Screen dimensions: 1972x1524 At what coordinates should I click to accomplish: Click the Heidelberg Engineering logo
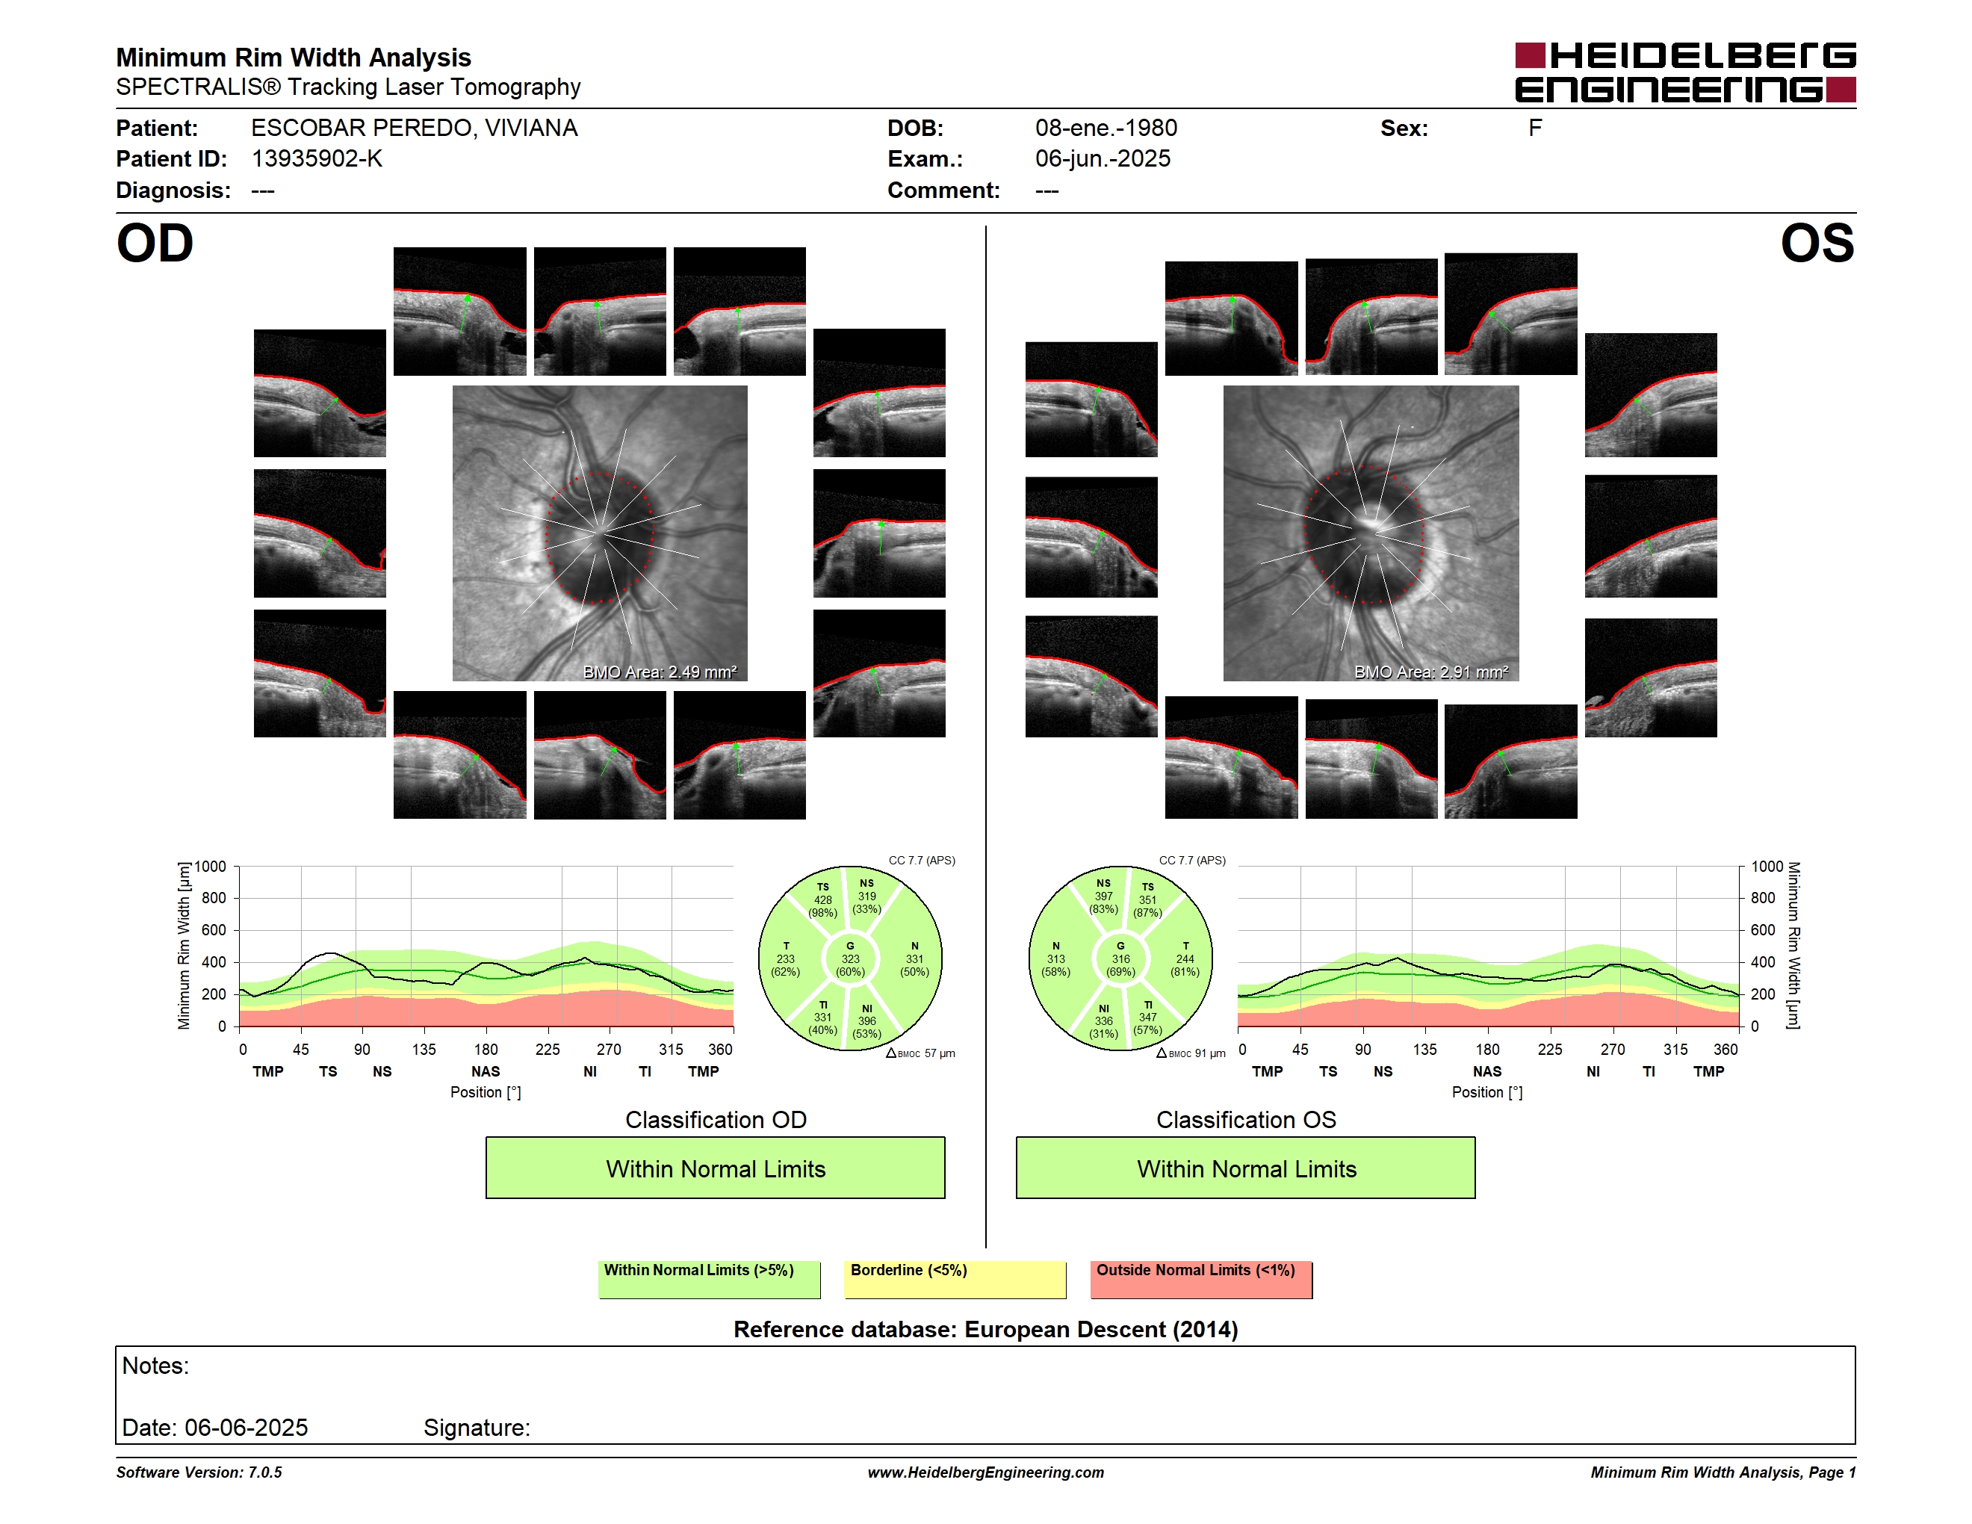(x=1685, y=72)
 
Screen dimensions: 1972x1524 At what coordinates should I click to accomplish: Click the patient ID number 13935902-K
(x=317, y=159)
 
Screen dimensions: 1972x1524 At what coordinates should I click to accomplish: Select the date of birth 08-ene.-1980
(x=1106, y=128)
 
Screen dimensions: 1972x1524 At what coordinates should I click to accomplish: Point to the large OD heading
(x=155, y=244)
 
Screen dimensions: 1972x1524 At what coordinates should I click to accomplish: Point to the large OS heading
(x=1817, y=244)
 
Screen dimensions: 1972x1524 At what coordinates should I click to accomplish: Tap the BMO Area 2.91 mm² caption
(x=1431, y=672)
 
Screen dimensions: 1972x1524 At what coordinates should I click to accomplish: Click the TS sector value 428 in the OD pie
(x=822, y=900)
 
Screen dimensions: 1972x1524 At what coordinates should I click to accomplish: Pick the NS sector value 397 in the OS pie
(x=1103, y=896)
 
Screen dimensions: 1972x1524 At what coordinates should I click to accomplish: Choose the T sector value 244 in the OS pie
(x=1185, y=958)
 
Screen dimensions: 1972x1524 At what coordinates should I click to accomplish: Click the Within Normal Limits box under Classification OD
(x=715, y=1168)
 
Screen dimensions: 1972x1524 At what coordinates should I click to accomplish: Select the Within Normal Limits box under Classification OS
(x=1246, y=1168)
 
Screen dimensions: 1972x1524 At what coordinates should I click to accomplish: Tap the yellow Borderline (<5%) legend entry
(x=955, y=1279)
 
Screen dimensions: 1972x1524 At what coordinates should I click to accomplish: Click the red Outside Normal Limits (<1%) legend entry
(x=1202, y=1279)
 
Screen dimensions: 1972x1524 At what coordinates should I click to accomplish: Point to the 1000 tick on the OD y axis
(x=209, y=867)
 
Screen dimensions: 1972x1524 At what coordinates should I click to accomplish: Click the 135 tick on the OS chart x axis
(x=1424, y=1049)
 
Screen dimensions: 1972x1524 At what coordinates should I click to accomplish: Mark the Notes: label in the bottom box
(x=155, y=1366)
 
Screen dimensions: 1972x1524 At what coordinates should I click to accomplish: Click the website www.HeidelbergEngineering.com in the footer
(x=986, y=1472)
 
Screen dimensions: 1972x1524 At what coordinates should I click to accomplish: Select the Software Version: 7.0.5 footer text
(x=199, y=1472)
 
